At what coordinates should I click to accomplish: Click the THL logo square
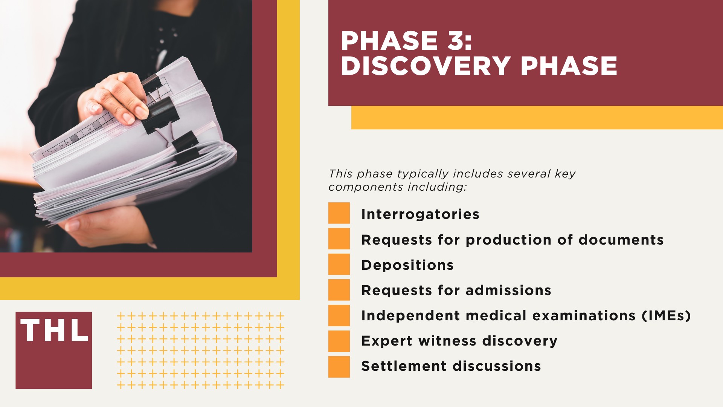pyautogui.click(x=53, y=350)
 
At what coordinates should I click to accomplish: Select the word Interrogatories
pyautogui.click(x=420, y=214)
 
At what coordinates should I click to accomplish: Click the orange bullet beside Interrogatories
pyautogui.click(x=339, y=213)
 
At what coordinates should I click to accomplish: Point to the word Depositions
pyautogui.click(x=407, y=265)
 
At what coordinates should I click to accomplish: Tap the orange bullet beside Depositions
pyautogui.click(x=339, y=264)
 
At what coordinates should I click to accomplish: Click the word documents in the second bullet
pyautogui.click(x=621, y=240)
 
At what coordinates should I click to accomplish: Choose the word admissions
pyautogui.click(x=508, y=290)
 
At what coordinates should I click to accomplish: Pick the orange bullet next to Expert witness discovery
pyautogui.click(x=339, y=341)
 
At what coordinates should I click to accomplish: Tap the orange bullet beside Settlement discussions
pyautogui.click(x=339, y=367)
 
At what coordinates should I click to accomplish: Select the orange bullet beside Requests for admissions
pyautogui.click(x=339, y=290)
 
